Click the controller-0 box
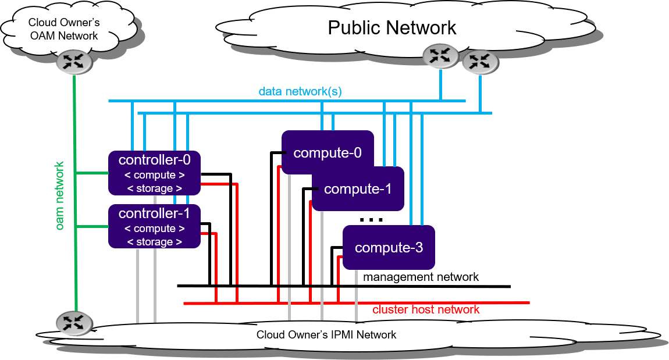point(155,173)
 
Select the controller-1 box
point(155,227)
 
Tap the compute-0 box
point(328,152)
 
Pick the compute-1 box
point(358,189)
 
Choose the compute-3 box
point(389,248)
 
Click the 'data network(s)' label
point(300,91)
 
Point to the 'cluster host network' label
point(426,309)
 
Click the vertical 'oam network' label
point(60,195)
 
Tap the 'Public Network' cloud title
point(392,27)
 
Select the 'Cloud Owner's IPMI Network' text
point(326,334)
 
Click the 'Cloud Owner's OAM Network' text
point(64,29)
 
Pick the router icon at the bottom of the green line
point(74,322)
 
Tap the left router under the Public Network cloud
point(440,56)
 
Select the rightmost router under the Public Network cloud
point(481,61)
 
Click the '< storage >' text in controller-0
point(155,188)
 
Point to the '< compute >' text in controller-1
point(155,229)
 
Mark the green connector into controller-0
point(93,173)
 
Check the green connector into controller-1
point(93,226)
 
